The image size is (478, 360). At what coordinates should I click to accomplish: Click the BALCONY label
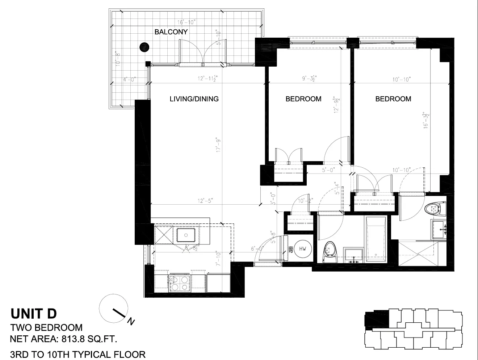171,32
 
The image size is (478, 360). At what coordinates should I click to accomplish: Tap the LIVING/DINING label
194,99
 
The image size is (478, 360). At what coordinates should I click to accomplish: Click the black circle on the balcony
144,47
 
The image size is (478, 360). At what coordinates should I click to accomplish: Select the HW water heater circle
303,249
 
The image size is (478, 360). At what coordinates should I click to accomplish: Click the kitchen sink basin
186,235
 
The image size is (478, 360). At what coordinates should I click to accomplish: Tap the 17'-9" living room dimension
218,146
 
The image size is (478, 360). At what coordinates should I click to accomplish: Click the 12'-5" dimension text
205,200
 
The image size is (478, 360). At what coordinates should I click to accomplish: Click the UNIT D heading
34,313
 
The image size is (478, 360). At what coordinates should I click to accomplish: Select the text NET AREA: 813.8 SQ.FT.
64,339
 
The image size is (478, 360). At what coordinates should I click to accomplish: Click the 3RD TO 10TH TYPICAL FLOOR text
78,354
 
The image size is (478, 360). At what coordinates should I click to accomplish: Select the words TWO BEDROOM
46,327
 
